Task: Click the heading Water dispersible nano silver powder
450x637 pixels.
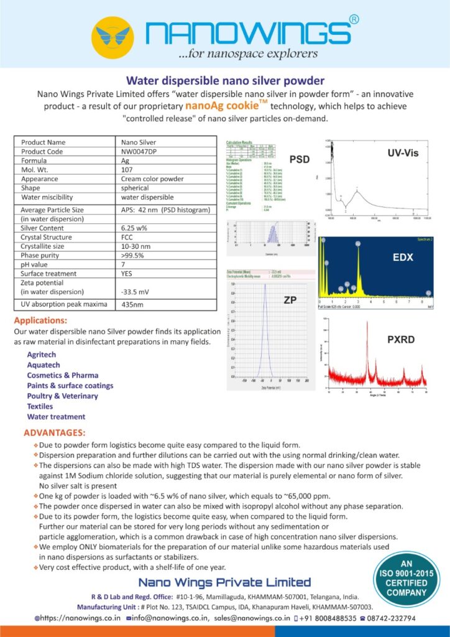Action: (225, 80)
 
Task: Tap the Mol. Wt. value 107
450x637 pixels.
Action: (127, 170)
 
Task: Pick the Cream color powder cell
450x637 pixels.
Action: (152, 179)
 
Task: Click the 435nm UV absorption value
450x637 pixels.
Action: (132, 305)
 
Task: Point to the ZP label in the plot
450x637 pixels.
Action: (290, 300)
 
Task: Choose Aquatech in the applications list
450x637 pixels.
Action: (44, 365)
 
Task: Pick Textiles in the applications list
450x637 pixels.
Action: (40, 406)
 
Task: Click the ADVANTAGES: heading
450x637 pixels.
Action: (55, 432)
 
